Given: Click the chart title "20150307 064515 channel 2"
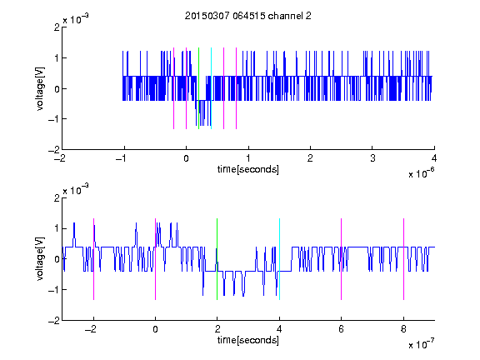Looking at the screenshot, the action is coord(248,16).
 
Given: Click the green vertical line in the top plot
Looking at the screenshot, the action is coord(198,88).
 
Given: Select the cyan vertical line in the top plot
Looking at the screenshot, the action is coord(211,88).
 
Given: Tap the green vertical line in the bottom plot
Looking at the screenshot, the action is coord(217,259).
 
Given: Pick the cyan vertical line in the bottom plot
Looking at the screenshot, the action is coord(279,259).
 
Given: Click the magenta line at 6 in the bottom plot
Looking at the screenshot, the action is coord(342,259).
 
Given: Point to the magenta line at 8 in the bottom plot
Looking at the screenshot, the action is coord(404,259).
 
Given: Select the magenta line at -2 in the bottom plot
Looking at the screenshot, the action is coord(93,259).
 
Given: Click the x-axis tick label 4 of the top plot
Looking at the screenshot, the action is coord(434,158).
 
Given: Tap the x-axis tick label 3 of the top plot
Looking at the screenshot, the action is coord(372,158).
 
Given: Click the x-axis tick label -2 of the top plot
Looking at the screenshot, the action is coord(60,158).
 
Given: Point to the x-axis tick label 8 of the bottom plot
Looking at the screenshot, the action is coord(403,329).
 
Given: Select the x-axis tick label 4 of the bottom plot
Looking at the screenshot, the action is coord(279,329).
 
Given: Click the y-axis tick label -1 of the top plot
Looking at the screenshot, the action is coord(53,119).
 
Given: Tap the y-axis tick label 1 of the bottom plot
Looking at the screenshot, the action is coord(57,228).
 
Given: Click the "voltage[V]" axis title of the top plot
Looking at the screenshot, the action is coord(40,88).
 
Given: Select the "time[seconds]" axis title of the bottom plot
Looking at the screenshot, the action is coord(248,340).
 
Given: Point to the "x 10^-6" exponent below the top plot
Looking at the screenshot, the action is coord(421,173).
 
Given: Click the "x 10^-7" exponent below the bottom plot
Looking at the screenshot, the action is coord(421,344).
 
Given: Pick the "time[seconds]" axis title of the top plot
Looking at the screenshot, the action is coord(248,169).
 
